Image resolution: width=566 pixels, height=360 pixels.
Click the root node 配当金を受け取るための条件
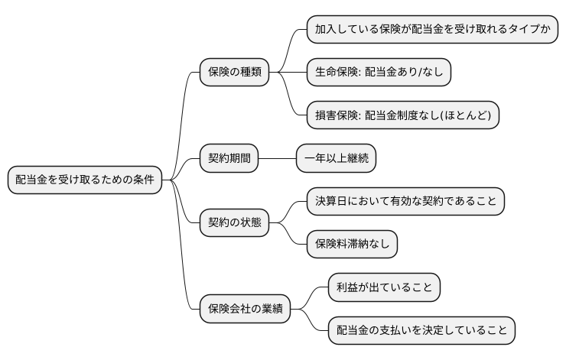coord(84,180)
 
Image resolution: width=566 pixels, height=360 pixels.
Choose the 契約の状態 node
coord(235,222)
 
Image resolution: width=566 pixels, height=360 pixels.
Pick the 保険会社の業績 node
coord(245,309)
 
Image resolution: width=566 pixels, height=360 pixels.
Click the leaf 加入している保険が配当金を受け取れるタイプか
coord(432,29)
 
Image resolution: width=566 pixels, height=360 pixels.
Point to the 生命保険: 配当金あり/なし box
coord(379,72)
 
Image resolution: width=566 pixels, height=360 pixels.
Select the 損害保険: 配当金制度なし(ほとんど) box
coord(402,115)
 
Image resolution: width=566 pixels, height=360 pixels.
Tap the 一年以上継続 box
coord(336,158)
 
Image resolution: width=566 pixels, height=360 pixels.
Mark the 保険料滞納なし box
coord(351,244)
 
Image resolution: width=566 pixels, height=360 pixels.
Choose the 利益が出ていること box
coord(384,287)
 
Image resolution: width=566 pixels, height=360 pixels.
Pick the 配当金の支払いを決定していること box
coord(421,330)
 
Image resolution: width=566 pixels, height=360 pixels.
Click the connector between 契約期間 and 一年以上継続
coord(278,158)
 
